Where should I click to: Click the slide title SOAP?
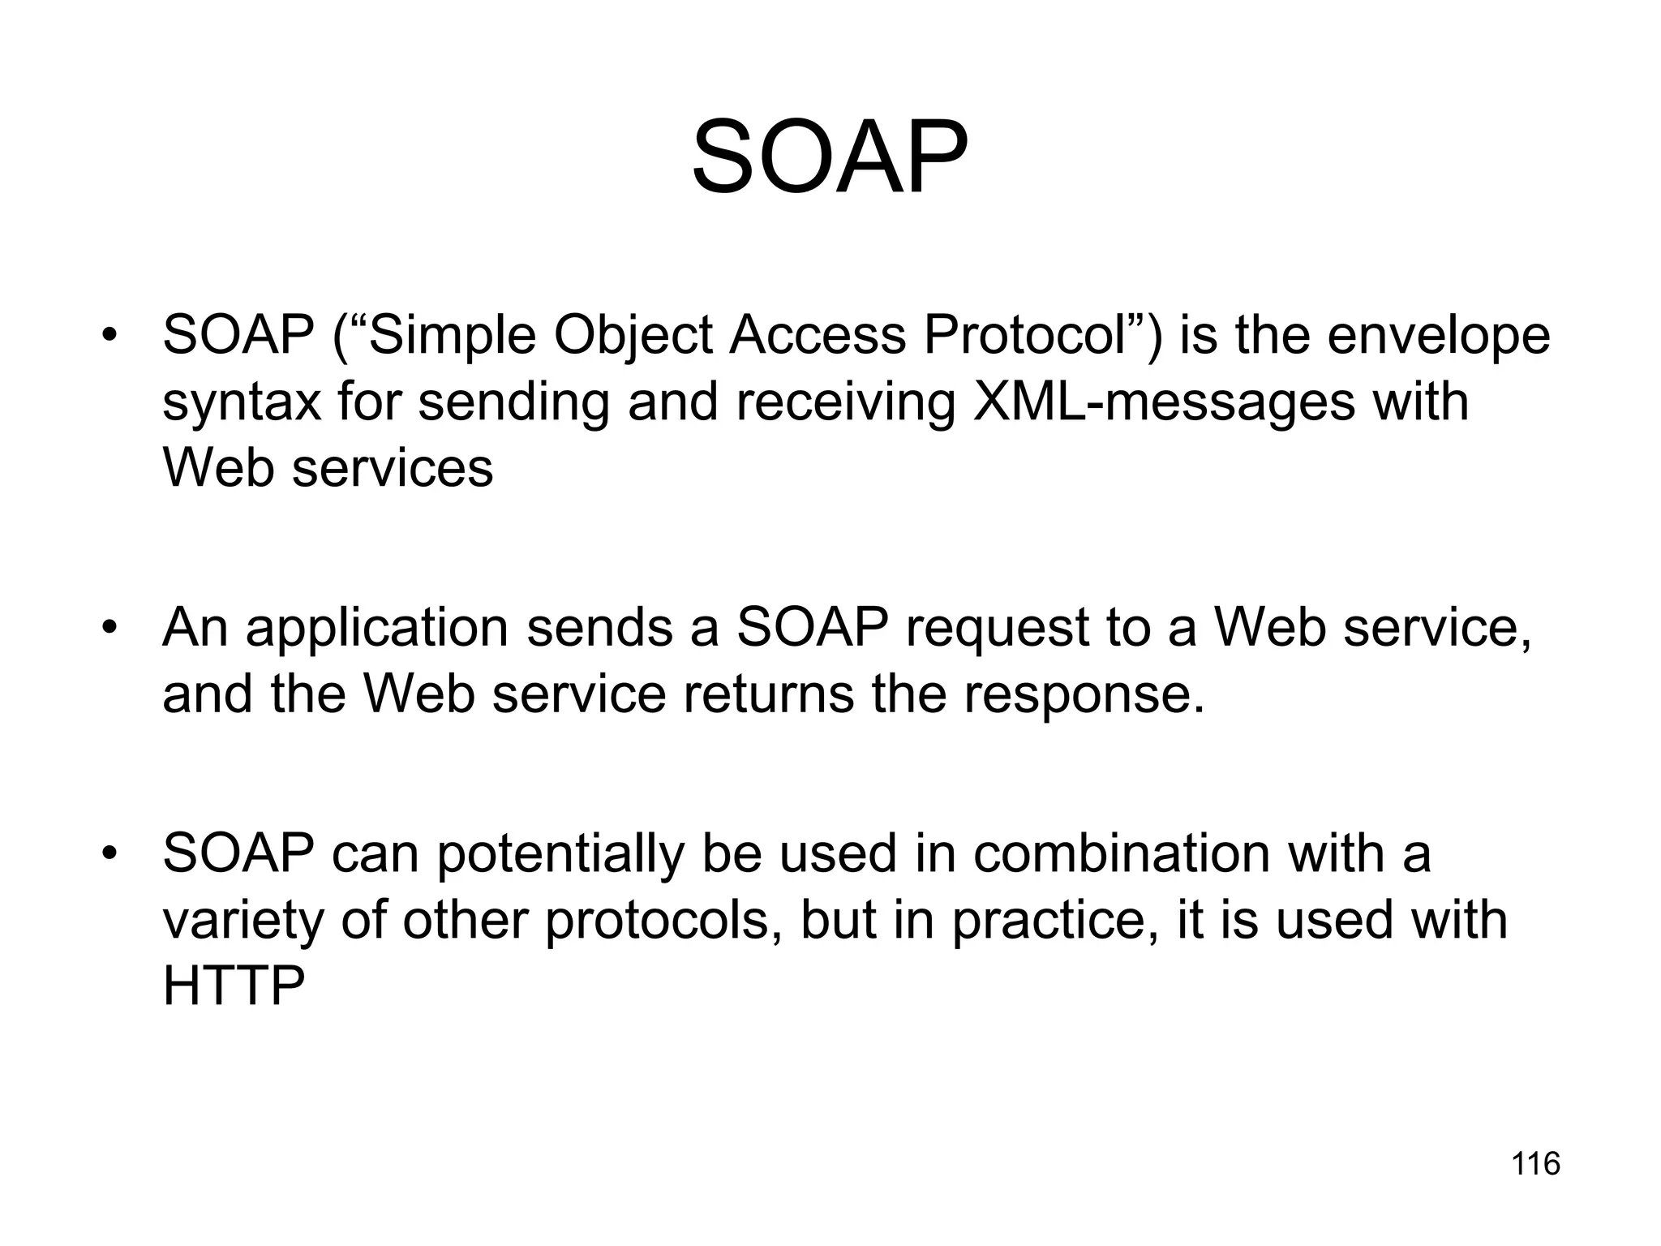tap(830, 158)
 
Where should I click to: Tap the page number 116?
tap(1535, 1164)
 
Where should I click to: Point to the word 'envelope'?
tap(1439, 337)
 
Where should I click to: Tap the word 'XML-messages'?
tap(1163, 402)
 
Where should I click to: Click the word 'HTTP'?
tap(234, 986)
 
